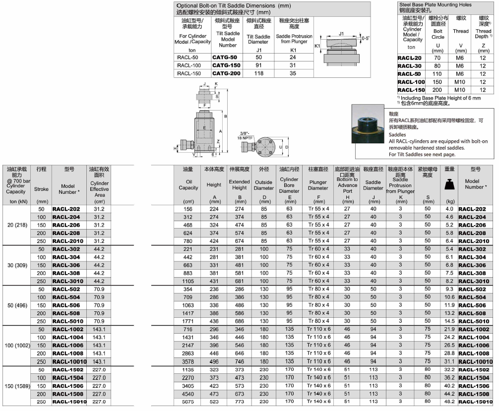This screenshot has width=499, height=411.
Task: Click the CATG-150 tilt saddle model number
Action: click(x=226, y=65)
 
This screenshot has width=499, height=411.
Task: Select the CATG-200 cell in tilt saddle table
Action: click(x=226, y=73)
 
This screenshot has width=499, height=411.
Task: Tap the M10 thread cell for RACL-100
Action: click(x=459, y=82)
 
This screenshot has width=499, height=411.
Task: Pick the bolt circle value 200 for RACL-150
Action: click(x=437, y=90)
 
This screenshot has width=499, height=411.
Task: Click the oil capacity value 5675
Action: click(x=188, y=402)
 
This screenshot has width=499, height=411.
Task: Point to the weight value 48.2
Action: click(x=449, y=402)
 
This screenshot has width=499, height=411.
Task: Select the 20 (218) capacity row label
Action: click(x=17, y=225)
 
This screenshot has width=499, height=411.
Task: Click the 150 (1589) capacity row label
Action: click(x=17, y=386)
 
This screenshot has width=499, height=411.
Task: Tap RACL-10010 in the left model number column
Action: click(x=69, y=362)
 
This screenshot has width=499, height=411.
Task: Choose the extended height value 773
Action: click(x=239, y=402)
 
